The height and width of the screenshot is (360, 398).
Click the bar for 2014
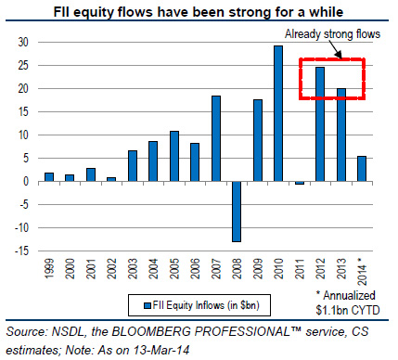click(360, 168)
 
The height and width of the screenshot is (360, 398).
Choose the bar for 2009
click(257, 140)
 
